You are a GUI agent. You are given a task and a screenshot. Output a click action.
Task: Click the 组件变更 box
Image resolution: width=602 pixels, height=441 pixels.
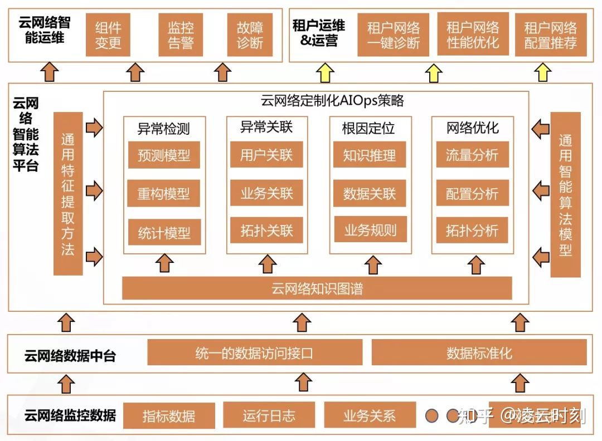click(108, 35)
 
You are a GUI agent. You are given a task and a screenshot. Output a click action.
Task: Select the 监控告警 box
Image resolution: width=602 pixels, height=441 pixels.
click(181, 35)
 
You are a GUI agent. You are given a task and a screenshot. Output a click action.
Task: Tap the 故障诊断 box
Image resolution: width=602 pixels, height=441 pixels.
click(250, 35)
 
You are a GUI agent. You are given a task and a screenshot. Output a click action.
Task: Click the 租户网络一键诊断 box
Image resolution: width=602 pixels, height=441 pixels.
click(394, 35)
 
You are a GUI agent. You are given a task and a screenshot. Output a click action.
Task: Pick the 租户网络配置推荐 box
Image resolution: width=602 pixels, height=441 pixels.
click(550, 35)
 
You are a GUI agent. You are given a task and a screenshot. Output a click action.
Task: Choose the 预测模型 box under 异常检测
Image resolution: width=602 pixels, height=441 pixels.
click(164, 155)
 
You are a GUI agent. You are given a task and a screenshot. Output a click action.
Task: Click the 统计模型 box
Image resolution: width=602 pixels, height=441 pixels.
click(164, 233)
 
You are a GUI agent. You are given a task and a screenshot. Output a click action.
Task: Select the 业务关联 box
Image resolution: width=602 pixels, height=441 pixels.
click(266, 193)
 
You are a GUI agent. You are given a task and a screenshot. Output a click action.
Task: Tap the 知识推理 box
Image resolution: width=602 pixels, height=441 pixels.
click(370, 155)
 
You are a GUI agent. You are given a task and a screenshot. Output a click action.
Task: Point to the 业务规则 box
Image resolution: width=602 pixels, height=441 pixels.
click(370, 229)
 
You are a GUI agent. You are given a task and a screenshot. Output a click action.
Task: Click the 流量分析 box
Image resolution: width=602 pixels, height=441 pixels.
click(472, 155)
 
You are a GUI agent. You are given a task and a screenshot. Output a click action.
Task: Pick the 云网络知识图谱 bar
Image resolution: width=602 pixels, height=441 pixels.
click(317, 288)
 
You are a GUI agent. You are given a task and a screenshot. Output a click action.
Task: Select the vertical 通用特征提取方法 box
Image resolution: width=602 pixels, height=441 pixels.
click(68, 193)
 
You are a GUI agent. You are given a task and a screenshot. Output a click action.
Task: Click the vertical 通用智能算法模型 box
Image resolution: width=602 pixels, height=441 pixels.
click(565, 194)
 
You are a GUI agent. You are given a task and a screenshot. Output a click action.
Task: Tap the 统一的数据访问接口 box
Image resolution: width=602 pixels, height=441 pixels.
click(255, 352)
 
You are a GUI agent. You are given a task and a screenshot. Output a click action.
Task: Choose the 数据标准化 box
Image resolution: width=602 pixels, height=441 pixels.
click(479, 352)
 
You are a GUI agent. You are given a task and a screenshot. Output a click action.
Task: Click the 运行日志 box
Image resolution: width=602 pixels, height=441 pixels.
click(269, 415)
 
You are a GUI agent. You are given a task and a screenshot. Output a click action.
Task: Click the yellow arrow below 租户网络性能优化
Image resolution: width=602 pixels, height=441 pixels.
click(434, 72)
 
